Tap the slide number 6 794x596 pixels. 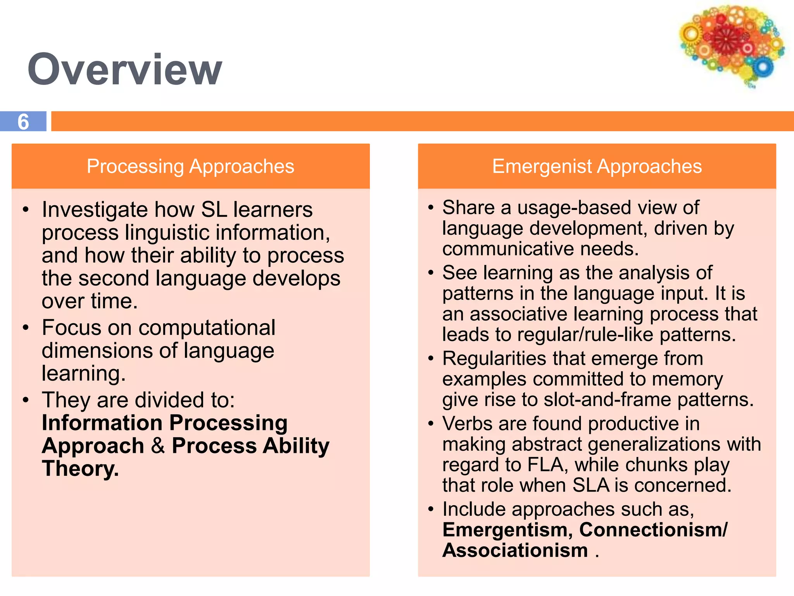coord(23,122)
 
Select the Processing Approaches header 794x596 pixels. coord(190,166)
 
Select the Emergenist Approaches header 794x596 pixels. coord(597,166)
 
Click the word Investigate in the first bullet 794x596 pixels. coord(95,210)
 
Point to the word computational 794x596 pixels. coord(207,328)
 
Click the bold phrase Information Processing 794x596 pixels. coord(165,423)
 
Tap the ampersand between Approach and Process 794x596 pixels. coord(158,445)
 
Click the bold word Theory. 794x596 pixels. coord(80,468)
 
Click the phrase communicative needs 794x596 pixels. coord(540,249)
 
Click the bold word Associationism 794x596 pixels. coord(515,551)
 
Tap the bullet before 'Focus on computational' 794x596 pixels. coord(26,328)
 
